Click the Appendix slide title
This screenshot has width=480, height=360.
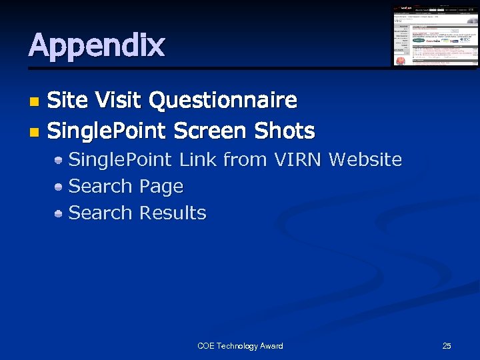tap(97, 45)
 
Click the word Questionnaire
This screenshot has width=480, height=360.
tap(223, 101)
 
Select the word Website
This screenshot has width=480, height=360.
tap(365, 160)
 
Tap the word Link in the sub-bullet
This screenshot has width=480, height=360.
tap(198, 160)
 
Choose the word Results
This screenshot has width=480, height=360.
tap(173, 213)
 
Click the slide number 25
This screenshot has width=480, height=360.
tap(447, 346)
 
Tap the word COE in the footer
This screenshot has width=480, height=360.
tap(206, 346)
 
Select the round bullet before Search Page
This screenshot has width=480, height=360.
tap(59, 187)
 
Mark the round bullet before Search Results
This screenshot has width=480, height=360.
tap(59, 213)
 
